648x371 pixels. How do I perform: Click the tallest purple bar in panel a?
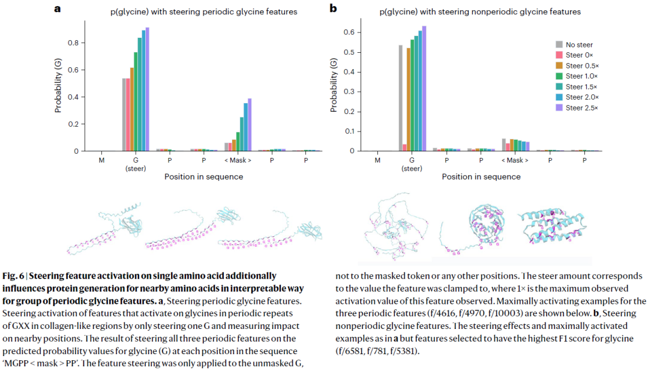click(148, 90)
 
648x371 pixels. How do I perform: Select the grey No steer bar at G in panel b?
click(400, 98)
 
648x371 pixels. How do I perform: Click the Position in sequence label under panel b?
click(481, 177)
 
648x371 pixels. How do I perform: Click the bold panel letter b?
click(333, 9)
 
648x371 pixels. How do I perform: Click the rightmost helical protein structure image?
click(549, 228)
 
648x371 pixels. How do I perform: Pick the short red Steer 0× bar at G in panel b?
click(405, 147)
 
